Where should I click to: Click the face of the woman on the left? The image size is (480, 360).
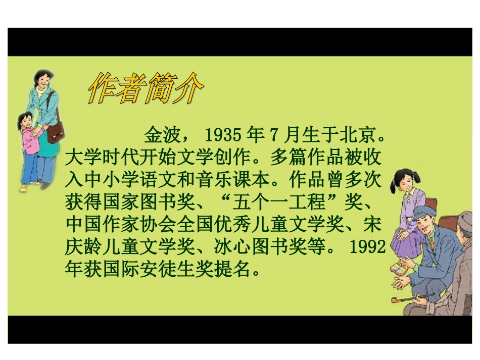tap(42, 81)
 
